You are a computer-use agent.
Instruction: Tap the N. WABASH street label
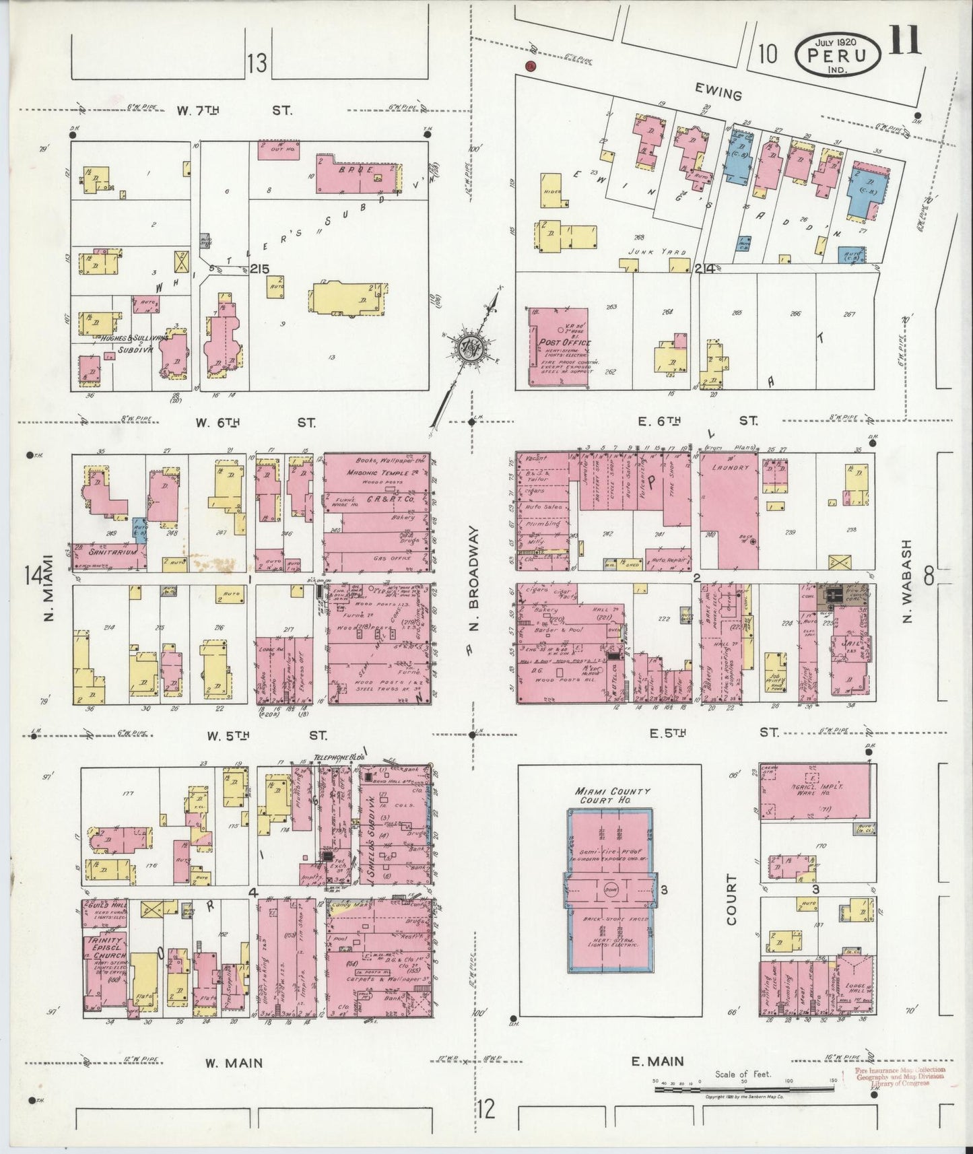[x=906, y=580]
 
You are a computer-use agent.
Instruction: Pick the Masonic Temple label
[x=375, y=473]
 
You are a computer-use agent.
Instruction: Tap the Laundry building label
[x=730, y=466]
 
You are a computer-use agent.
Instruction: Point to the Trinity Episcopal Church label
[x=101, y=948]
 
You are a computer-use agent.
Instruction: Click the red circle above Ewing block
[x=530, y=66]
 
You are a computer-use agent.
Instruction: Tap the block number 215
[x=259, y=269]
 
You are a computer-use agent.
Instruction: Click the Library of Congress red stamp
[x=900, y=1076]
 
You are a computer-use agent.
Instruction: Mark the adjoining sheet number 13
[x=256, y=65]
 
